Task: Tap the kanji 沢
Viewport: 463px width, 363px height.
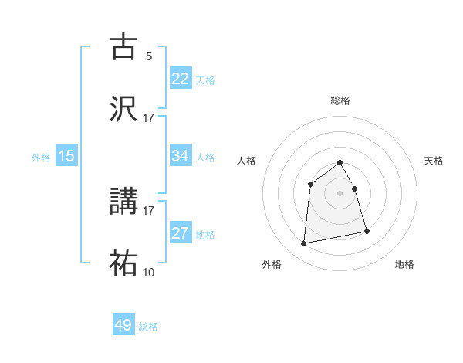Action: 124,110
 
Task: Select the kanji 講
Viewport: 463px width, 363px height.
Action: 124,201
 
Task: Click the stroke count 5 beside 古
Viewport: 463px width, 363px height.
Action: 149,56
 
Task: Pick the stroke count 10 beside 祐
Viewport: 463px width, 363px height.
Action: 148,273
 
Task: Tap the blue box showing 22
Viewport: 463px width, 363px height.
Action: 181,79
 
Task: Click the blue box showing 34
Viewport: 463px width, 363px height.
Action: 181,156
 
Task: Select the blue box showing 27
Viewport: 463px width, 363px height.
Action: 181,233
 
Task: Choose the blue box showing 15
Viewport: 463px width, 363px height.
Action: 66,156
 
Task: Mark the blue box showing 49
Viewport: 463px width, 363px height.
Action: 123,325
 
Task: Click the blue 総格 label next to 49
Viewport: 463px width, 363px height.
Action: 148,327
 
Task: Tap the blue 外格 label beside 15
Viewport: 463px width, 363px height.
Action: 41,158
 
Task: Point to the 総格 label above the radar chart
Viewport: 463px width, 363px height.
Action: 340,100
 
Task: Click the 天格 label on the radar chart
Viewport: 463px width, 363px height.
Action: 434,161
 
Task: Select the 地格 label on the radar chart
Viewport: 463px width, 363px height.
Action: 404,264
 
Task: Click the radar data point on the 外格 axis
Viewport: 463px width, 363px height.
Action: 304,244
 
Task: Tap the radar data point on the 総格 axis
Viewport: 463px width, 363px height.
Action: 340,162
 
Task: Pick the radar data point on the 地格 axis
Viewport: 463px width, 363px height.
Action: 367,231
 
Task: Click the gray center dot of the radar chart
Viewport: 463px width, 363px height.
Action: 340,193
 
